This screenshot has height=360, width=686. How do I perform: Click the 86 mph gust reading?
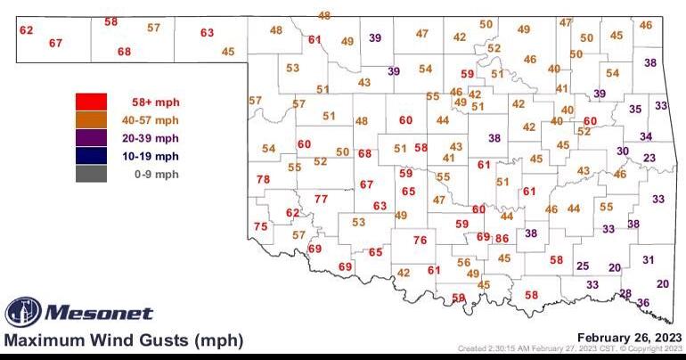pos(502,238)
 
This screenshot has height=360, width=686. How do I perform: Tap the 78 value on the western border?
pos(263,180)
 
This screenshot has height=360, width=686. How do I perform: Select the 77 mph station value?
pos(321,199)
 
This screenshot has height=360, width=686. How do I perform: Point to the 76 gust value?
pos(420,241)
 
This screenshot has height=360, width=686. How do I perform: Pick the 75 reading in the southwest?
pos(260,227)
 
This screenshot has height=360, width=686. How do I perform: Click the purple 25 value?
pos(583,266)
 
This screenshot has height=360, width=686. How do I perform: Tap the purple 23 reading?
pos(649,158)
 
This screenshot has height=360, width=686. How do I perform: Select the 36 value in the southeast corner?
pos(643,303)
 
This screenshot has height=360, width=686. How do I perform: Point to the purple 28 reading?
pos(625,293)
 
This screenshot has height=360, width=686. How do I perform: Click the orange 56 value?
pos(463,262)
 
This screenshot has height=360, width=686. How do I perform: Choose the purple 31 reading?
pos(649,259)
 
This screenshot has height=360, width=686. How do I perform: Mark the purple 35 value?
pos(635,109)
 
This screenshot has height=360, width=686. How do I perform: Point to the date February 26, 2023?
pos(629,337)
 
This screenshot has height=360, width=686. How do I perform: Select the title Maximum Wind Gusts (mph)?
pos(123,340)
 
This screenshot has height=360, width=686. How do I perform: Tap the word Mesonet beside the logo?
pos(98,313)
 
